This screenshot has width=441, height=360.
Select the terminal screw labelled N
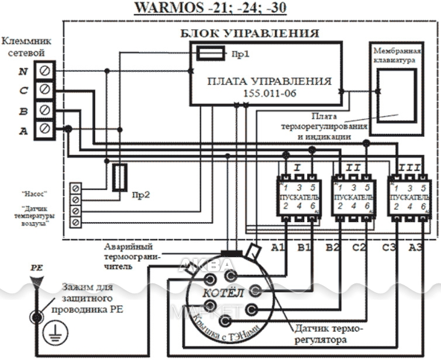point(44,71)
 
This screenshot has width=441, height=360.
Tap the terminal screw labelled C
point(44,90)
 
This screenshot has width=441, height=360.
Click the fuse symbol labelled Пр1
point(209,54)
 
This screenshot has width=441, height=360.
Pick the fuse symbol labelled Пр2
point(119,177)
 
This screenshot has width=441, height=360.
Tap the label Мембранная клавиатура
point(395,56)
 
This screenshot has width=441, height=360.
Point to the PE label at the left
point(37,266)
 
